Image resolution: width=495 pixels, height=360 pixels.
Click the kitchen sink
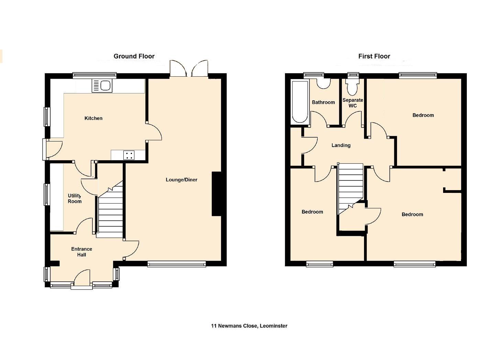102,86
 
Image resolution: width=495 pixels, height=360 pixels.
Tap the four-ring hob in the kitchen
129,155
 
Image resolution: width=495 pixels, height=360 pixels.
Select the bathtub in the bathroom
300,102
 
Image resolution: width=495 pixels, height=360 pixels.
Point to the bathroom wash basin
324,84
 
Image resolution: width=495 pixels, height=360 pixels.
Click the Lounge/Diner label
181,180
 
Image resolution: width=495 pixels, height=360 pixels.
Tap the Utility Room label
75,198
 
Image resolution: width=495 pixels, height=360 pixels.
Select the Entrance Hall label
81,252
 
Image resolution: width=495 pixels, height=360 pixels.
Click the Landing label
341,145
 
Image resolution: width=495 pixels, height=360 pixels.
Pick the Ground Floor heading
134,56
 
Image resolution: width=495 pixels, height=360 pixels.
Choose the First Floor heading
374,56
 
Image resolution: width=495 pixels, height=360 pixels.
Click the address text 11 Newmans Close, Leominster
249,326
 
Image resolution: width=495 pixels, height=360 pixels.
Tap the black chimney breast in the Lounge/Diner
217,194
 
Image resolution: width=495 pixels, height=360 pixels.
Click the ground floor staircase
110,209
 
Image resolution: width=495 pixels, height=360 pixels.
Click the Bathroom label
323,102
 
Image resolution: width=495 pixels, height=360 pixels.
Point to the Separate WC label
353,103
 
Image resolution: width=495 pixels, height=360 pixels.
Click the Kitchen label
93,118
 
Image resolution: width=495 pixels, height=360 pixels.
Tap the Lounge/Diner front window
177,264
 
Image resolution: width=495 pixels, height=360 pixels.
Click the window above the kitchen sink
95,76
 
